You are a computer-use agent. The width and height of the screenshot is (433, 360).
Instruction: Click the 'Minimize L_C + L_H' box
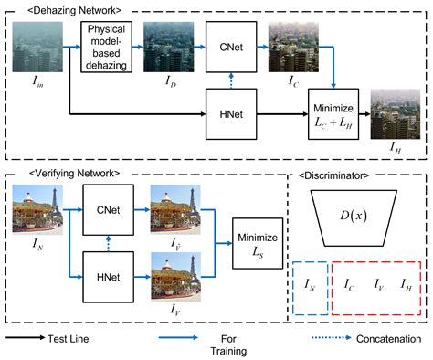point(332,111)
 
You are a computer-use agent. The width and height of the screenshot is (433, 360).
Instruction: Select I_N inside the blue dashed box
point(309,286)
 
